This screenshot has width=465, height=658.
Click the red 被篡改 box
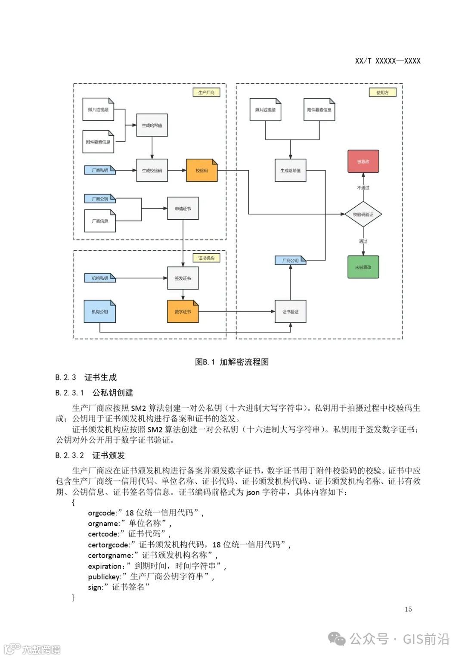pos(363,162)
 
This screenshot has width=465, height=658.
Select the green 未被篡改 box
pos(363,267)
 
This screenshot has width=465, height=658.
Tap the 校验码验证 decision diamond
pos(363,214)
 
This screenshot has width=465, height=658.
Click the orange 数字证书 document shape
pos(183,312)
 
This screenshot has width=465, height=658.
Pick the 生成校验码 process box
pos(152,171)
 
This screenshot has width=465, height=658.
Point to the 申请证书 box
pos(183,209)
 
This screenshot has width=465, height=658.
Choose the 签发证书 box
pos(183,278)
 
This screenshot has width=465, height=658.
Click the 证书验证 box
pos(290,312)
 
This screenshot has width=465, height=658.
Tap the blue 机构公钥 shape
pos(100,312)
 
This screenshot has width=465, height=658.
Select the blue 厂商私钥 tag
pos(100,170)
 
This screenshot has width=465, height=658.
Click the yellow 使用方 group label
pos(382,93)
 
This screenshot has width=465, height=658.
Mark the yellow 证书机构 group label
pos(206,258)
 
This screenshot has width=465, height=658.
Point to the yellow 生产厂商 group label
pos(206,93)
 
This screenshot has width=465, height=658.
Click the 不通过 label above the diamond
pos(363,188)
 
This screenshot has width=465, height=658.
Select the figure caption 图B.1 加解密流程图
pos(232,362)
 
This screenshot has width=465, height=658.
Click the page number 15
pos(408,609)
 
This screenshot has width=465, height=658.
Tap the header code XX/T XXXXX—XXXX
pos(387,61)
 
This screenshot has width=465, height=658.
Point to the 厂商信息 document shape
pos(100,221)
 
